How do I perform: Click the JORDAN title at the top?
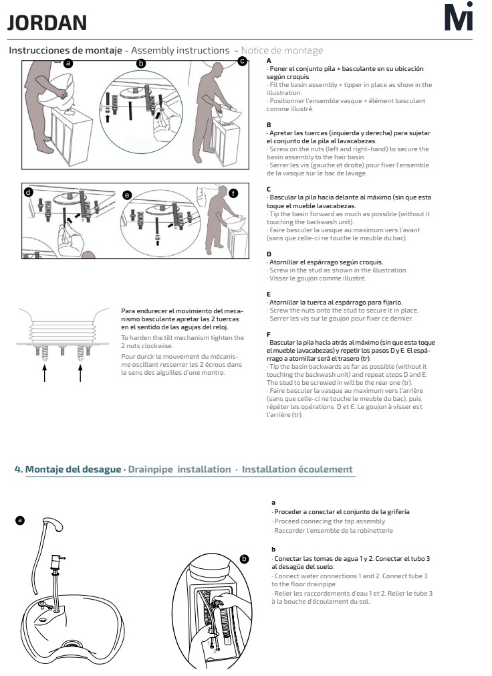tap(47, 23)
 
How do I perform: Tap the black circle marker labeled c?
tap(243, 62)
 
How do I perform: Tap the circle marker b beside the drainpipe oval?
tap(244, 558)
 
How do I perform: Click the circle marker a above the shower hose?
tap(20, 519)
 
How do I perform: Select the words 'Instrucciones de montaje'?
tap(65, 51)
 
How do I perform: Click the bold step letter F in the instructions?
tap(268, 333)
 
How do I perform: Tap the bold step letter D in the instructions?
tap(268, 254)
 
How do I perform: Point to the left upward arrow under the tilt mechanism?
tap(44, 372)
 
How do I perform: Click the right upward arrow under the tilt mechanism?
tap(80, 372)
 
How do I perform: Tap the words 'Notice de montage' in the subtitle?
tap(282, 51)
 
